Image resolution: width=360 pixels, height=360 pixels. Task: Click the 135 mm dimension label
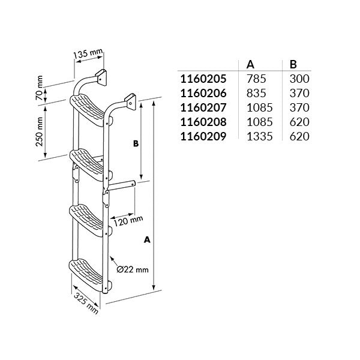88,53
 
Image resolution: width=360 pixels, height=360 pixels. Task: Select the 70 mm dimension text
40,88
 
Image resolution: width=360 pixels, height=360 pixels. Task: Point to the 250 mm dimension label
40,131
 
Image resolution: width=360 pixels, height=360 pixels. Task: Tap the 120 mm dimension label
128,221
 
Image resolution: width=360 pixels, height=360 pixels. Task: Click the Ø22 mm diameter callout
133,269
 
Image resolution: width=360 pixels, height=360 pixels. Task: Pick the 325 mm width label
86,304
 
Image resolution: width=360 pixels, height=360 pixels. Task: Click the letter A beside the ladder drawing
147,239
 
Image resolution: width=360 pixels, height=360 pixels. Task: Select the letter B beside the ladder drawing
136,143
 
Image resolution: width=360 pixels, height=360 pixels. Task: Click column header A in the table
250,65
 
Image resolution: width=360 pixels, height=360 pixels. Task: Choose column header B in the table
293,65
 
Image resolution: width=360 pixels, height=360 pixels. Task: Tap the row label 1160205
203,79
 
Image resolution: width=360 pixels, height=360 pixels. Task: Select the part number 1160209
203,136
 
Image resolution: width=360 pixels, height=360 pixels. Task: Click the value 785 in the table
256,79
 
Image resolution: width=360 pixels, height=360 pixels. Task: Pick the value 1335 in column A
260,136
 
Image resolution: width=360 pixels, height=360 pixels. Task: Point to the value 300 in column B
299,79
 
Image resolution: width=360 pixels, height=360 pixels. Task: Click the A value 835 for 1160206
256,93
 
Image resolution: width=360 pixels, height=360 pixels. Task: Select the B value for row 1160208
299,122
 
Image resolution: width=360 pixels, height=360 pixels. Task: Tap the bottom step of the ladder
89,275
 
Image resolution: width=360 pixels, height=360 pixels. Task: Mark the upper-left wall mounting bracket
101,77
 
